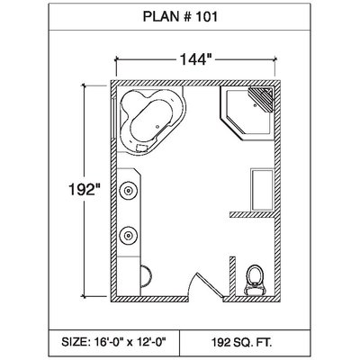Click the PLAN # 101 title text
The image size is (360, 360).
point(180,17)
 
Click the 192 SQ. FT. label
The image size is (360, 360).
point(242,342)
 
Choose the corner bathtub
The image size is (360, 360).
point(151,121)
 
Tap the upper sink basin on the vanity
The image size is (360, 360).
point(128,191)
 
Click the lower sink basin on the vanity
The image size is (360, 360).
point(128,236)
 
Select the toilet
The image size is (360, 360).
point(256,280)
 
